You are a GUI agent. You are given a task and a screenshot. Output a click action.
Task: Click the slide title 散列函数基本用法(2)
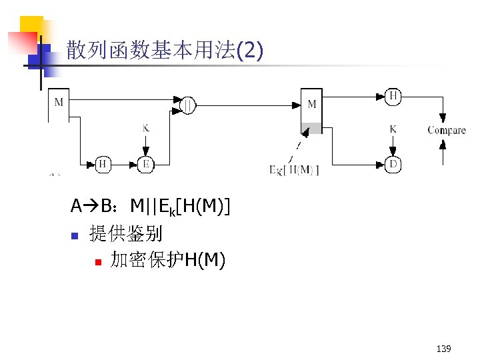pos(165,50)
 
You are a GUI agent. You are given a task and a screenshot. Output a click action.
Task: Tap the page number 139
pos(443,349)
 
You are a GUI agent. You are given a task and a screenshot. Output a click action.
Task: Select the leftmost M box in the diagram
pos(59,103)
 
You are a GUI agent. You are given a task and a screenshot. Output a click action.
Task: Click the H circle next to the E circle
pos(103,164)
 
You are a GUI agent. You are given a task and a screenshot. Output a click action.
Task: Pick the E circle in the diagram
pos(145,164)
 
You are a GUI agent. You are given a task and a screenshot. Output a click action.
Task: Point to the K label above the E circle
pos(145,127)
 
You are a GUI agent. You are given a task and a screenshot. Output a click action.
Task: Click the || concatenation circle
pos(189,105)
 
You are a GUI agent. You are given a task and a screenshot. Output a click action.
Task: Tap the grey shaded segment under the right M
pos(311,128)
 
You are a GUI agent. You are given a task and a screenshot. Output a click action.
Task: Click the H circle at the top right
pos(393,97)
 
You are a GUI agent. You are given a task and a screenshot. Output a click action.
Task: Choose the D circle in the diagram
pos(393,164)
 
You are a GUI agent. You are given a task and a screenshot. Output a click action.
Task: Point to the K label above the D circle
pos(393,129)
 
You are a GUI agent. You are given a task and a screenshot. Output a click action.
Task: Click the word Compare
pos(446,130)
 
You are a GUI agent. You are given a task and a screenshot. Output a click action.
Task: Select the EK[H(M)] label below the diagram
pos(294,169)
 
